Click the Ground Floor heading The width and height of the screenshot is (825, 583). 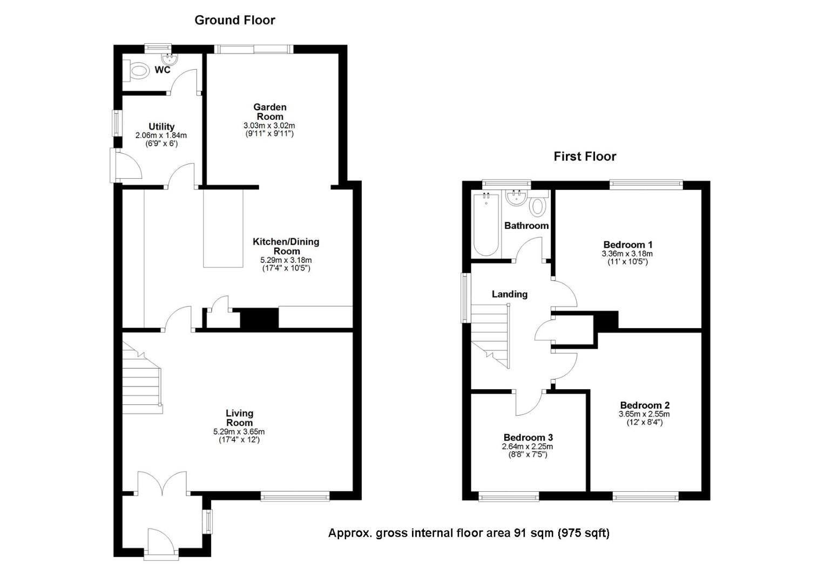click(x=234, y=21)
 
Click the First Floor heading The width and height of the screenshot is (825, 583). click(x=584, y=157)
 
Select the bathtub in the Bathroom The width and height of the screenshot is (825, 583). click(x=486, y=225)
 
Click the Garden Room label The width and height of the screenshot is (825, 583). click(x=270, y=112)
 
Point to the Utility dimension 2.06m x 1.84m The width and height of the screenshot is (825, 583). click(x=161, y=135)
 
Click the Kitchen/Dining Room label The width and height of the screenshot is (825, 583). click(x=286, y=246)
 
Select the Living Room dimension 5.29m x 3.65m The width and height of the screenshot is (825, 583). click(x=239, y=432)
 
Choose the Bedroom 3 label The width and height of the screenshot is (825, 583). click(x=528, y=437)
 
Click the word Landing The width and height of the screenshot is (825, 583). click(x=509, y=294)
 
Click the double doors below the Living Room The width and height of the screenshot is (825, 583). click(x=163, y=483)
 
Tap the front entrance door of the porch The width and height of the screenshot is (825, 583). click(x=161, y=541)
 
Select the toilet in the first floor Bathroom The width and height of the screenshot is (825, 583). click(x=537, y=206)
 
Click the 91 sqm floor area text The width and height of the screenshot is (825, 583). click(x=469, y=533)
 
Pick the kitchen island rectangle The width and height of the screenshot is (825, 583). click(x=223, y=228)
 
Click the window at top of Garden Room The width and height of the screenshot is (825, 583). click(x=254, y=49)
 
